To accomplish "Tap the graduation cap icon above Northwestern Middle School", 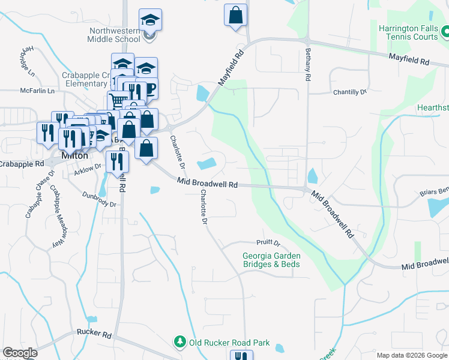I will point(150,20).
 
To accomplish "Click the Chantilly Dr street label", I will point(349,92).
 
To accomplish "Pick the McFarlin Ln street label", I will point(37,91).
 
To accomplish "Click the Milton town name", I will point(76,155).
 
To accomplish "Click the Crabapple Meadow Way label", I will point(56,217).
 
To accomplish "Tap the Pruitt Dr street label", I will point(268,244).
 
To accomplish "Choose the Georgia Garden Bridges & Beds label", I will point(271,260).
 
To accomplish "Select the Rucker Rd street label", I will point(94,334).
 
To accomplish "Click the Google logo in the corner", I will point(20,353).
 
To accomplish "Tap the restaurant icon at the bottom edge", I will point(241,356).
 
